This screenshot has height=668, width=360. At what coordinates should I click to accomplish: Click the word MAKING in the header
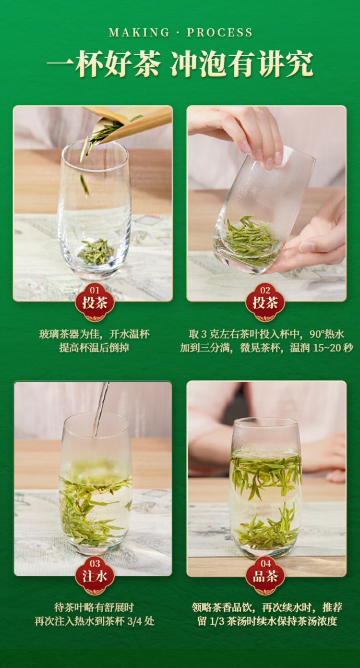click(x=139, y=32)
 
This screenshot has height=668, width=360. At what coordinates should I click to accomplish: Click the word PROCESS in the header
click(x=220, y=32)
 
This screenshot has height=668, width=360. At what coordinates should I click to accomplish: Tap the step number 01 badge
click(x=95, y=302)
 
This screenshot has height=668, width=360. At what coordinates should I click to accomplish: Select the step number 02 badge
click(x=265, y=302)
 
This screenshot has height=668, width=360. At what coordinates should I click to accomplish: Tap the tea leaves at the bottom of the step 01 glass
click(x=96, y=252)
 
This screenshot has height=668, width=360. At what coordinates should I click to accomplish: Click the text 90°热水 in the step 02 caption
click(x=326, y=334)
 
